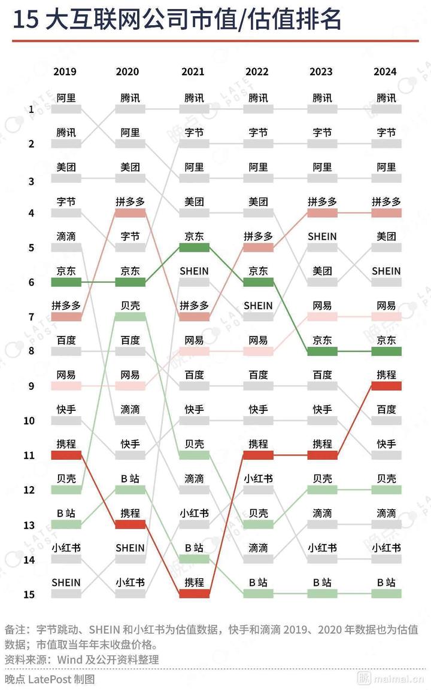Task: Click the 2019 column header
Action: point(65,72)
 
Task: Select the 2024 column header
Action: point(386,72)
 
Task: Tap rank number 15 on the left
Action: point(29,594)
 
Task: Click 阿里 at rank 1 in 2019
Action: point(66,98)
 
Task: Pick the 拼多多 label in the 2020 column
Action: point(130,202)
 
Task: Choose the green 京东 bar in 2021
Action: point(194,247)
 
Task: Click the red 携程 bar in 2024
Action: point(386,385)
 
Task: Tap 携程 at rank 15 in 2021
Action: point(194,582)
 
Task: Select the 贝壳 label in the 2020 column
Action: point(130,306)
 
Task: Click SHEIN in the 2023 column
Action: point(322,237)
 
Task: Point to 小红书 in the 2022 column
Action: point(258,478)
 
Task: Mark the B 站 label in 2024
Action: point(386,582)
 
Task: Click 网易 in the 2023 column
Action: point(322,306)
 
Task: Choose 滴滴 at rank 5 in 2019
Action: point(66,237)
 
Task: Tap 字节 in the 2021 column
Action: point(194,133)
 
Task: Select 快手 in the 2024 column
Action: point(386,444)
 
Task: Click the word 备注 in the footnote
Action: point(16,630)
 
